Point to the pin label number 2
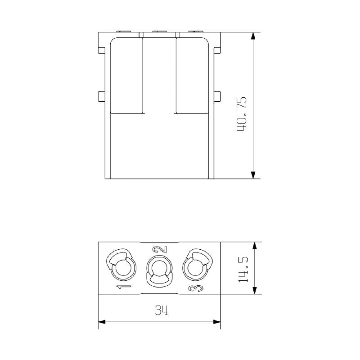tap(160, 250)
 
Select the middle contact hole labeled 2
tap(159, 269)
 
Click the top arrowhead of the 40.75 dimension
tap(254, 36)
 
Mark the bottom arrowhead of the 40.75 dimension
tap(254, 175)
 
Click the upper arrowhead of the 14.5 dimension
tap(255, 246)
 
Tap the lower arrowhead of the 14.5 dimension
tap(255, 290)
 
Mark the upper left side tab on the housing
tap(101, 47)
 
